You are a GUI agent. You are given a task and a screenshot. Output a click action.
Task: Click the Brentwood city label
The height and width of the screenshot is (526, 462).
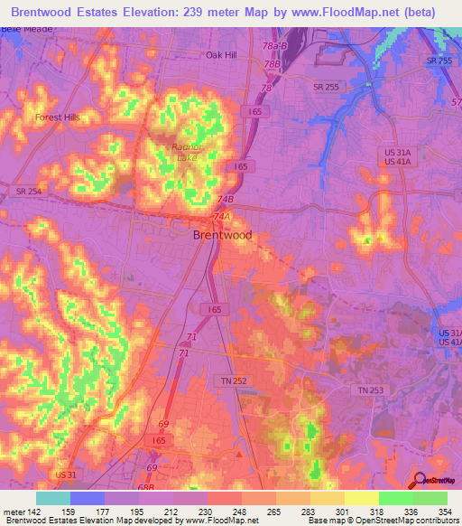pos(223,235)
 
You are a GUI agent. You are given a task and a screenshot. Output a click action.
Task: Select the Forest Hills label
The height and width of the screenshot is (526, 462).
pos(58,117)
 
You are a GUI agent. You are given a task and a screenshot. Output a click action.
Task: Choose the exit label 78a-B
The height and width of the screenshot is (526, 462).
pos(273,45)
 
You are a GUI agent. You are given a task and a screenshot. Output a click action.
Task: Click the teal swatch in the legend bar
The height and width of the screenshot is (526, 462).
pos(53,498)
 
